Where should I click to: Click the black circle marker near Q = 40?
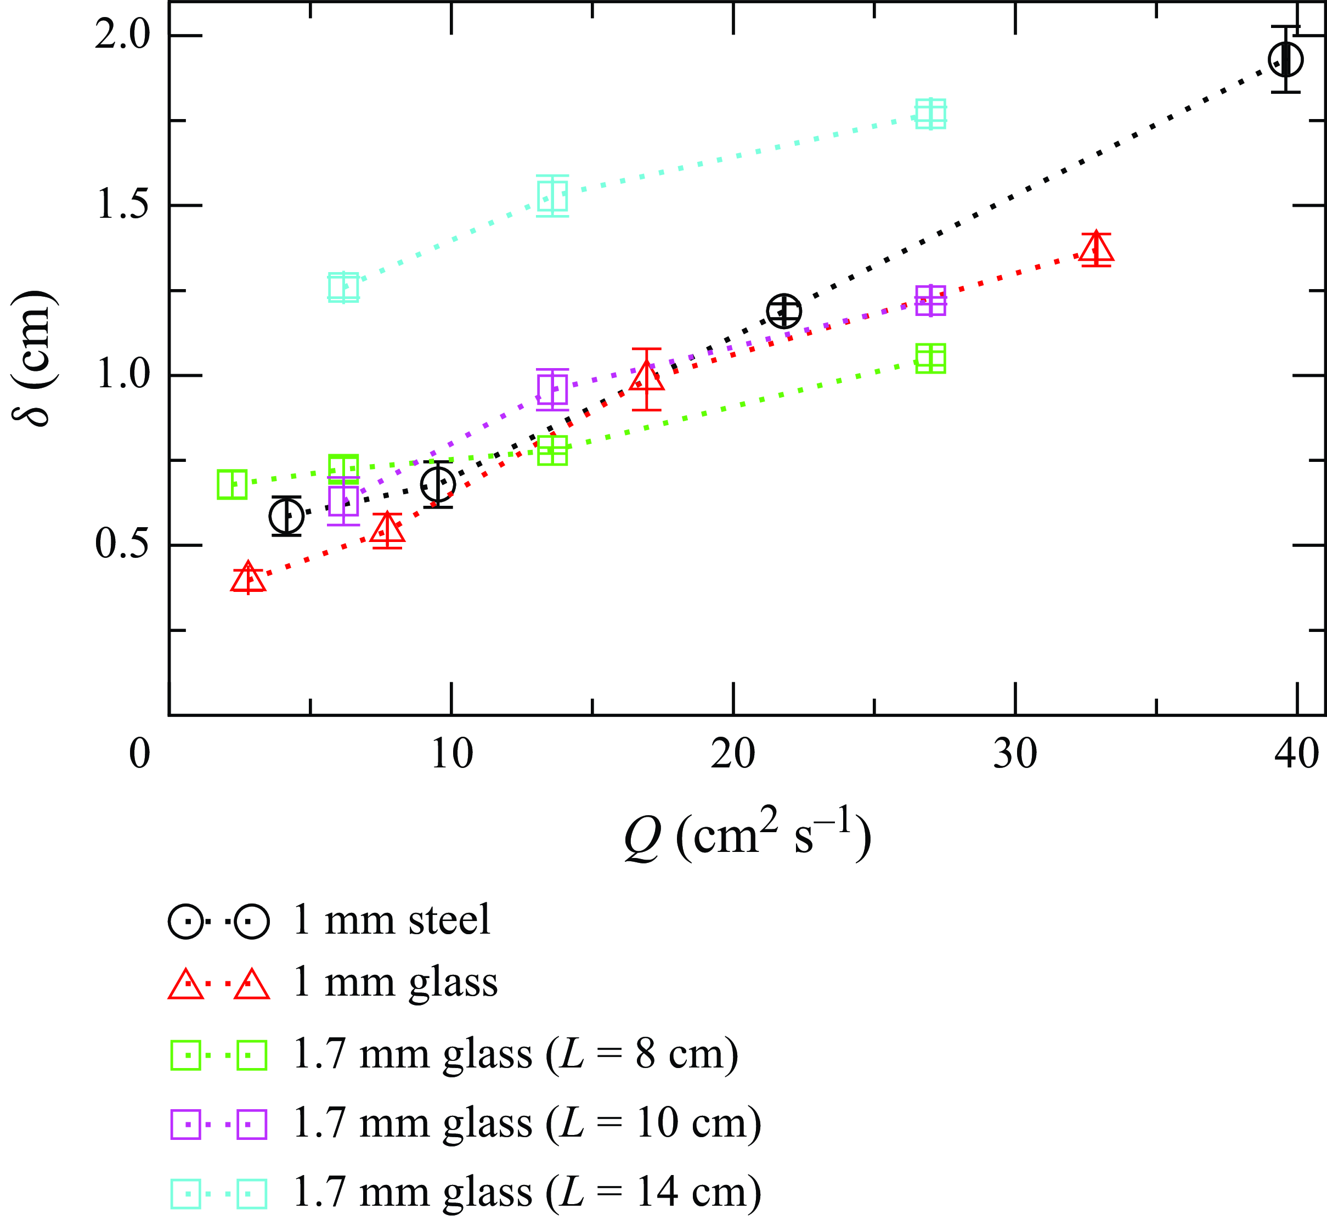(x=1285, y=59)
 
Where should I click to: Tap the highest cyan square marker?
(x=931, y=114)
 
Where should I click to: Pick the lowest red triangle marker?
(x=249, y=579)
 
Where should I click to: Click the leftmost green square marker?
(x=231, y=484)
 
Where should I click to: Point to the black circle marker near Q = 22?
(x=784, y=311)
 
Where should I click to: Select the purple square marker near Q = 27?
(x=931, y=301)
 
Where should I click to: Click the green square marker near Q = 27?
(x=931, y=358)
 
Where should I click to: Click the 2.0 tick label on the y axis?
(x=123, y=35)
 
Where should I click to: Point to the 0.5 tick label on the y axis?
(x=123, y=546)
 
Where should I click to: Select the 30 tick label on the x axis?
(x=1015, y=754)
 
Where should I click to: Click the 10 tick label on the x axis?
(x=451, y=754)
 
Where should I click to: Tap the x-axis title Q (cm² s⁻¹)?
(x=747, y=837)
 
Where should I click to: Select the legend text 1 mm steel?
(x=392, y=919)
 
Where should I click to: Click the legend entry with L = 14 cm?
(x=526, y=1192)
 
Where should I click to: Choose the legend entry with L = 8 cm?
(x=515, y=1054)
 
